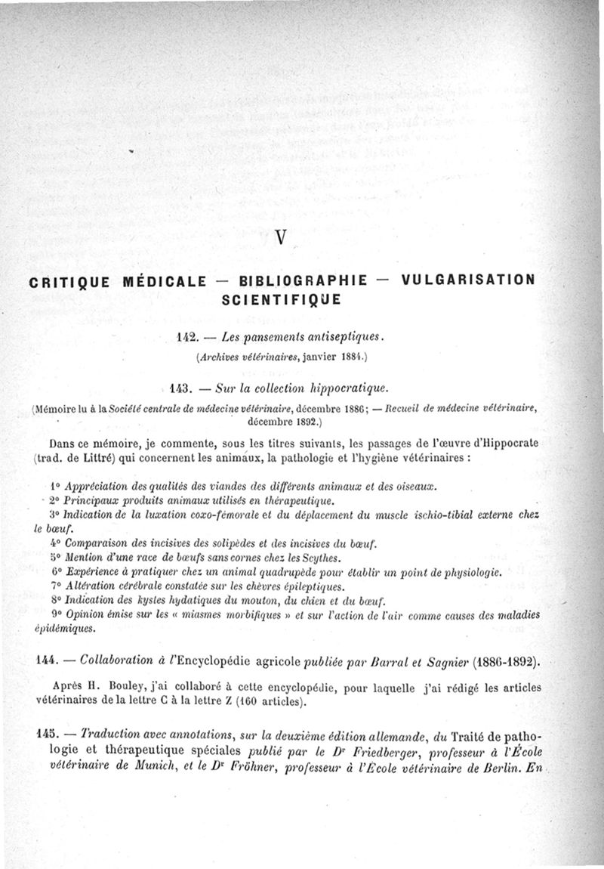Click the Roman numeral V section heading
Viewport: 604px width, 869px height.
pyautogui.click(x=280, y=237)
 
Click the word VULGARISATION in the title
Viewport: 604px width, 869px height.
pyautogui.click(x=469, y=280)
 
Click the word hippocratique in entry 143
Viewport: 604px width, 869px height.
pyautogui.click(x=348, y=388)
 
